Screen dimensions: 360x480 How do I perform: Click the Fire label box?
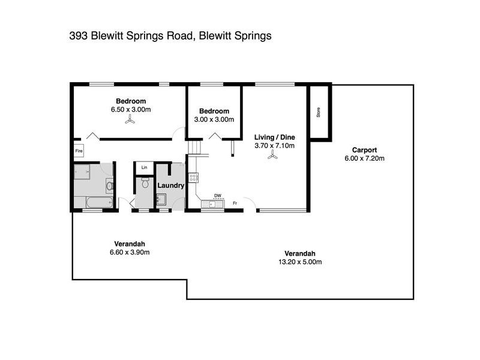(x=79, y=152)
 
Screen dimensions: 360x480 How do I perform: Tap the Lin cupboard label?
(x=144, y=167)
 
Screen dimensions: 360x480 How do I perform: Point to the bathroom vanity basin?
(x=109, y=186)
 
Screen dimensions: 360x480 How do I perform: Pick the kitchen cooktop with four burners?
(x=193, y=178)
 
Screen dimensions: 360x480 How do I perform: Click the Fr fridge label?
(x=236, y=203)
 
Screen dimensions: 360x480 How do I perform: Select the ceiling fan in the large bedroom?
(x=130, y=120)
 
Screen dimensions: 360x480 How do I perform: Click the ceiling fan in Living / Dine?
(x=273, y=154)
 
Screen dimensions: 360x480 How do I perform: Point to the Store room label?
(x=319, y=112)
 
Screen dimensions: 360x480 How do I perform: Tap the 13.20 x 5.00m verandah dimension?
(x=300, y=262)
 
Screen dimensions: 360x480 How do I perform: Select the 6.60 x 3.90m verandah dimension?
(x=129, y=252)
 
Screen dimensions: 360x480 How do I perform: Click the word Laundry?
(x=170, y=186)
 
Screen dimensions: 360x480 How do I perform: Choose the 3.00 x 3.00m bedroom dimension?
(x=214, y=119)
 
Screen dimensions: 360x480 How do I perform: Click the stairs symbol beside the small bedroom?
(x=196, y=147)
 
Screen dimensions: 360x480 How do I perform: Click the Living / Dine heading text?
(x=273, y=136)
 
